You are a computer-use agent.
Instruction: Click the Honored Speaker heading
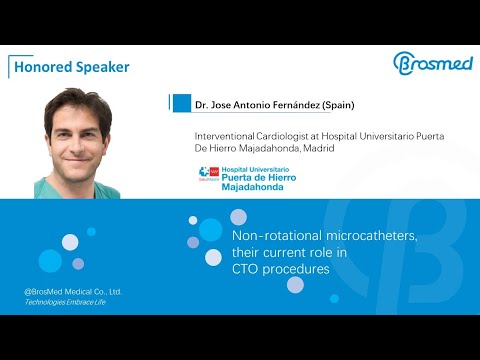[x=70, y=67]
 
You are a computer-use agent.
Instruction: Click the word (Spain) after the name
[x=335, y=105]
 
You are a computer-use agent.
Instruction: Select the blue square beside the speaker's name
[x=181, y=104]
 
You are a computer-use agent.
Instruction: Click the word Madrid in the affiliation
[x=316, y=148]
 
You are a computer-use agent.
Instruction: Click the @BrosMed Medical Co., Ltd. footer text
[x=72, y=292]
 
